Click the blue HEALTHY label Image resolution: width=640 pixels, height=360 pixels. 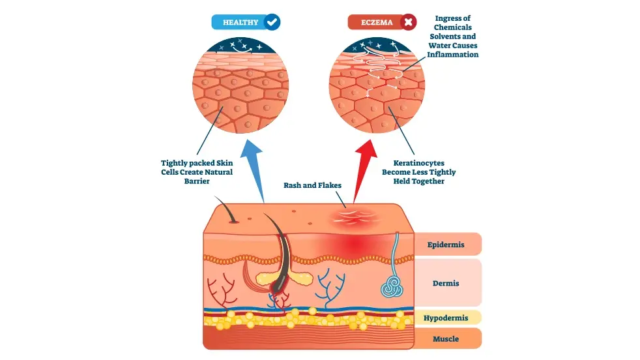[240, 22]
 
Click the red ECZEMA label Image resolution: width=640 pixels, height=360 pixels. [377, 22]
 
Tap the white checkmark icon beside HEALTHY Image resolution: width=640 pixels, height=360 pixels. [272, 22]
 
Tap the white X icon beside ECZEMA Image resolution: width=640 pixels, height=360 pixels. [408, 22]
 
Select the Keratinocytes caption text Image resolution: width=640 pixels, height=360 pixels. [418, 172]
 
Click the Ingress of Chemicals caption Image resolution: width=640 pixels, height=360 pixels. [452, 37]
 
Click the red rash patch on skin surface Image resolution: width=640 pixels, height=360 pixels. [353, 217]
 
